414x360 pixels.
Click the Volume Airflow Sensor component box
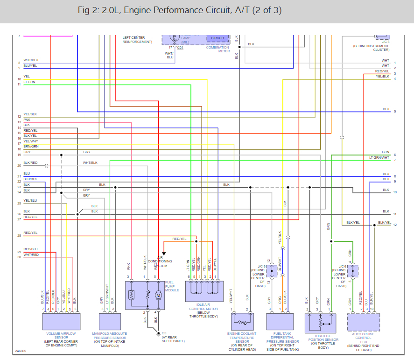click(x=61, y=321)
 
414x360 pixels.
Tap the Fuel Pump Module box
click(x=145, y=295)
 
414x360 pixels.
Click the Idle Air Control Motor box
click(x=204, y=291)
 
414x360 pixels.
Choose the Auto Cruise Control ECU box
click(x=363, y=322)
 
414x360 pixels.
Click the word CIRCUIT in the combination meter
click(x=218, y=38)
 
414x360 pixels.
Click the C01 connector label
click(x=180, y=47)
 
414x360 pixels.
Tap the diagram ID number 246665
click(x=21, y=350)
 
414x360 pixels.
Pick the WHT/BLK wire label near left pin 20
click(x=90, y=162)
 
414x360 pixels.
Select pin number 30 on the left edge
click(x=19, y=257)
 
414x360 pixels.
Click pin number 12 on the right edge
click(x=395, y=225)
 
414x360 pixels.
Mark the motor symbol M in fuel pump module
click(x=158, y=295)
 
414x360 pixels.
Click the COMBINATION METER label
click(x=218, y=49)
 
